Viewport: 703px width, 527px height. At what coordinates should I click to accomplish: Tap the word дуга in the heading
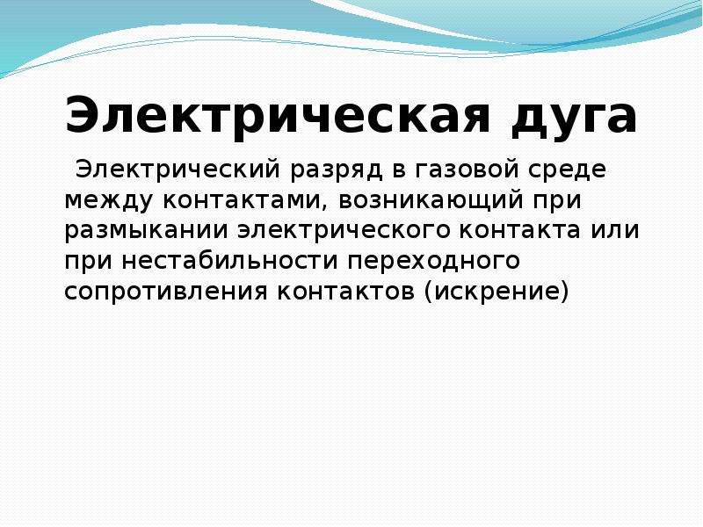click(574, 117)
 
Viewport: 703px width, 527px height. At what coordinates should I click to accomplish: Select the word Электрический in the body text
click(178, 169)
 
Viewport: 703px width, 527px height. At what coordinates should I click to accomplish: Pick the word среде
click(567, 170)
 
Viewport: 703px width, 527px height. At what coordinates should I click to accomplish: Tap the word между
click(108, 202)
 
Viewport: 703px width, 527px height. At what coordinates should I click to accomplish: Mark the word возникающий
click(431, 201)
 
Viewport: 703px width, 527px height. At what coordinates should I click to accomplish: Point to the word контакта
click(519, 231)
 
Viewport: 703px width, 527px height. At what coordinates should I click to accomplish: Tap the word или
click(614, 231)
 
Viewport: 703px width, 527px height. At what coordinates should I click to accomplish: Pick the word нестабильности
click(229, 259)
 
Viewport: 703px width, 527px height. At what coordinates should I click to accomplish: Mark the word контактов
click(345, 292)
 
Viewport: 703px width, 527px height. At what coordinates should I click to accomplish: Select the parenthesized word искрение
click(496, 292)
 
